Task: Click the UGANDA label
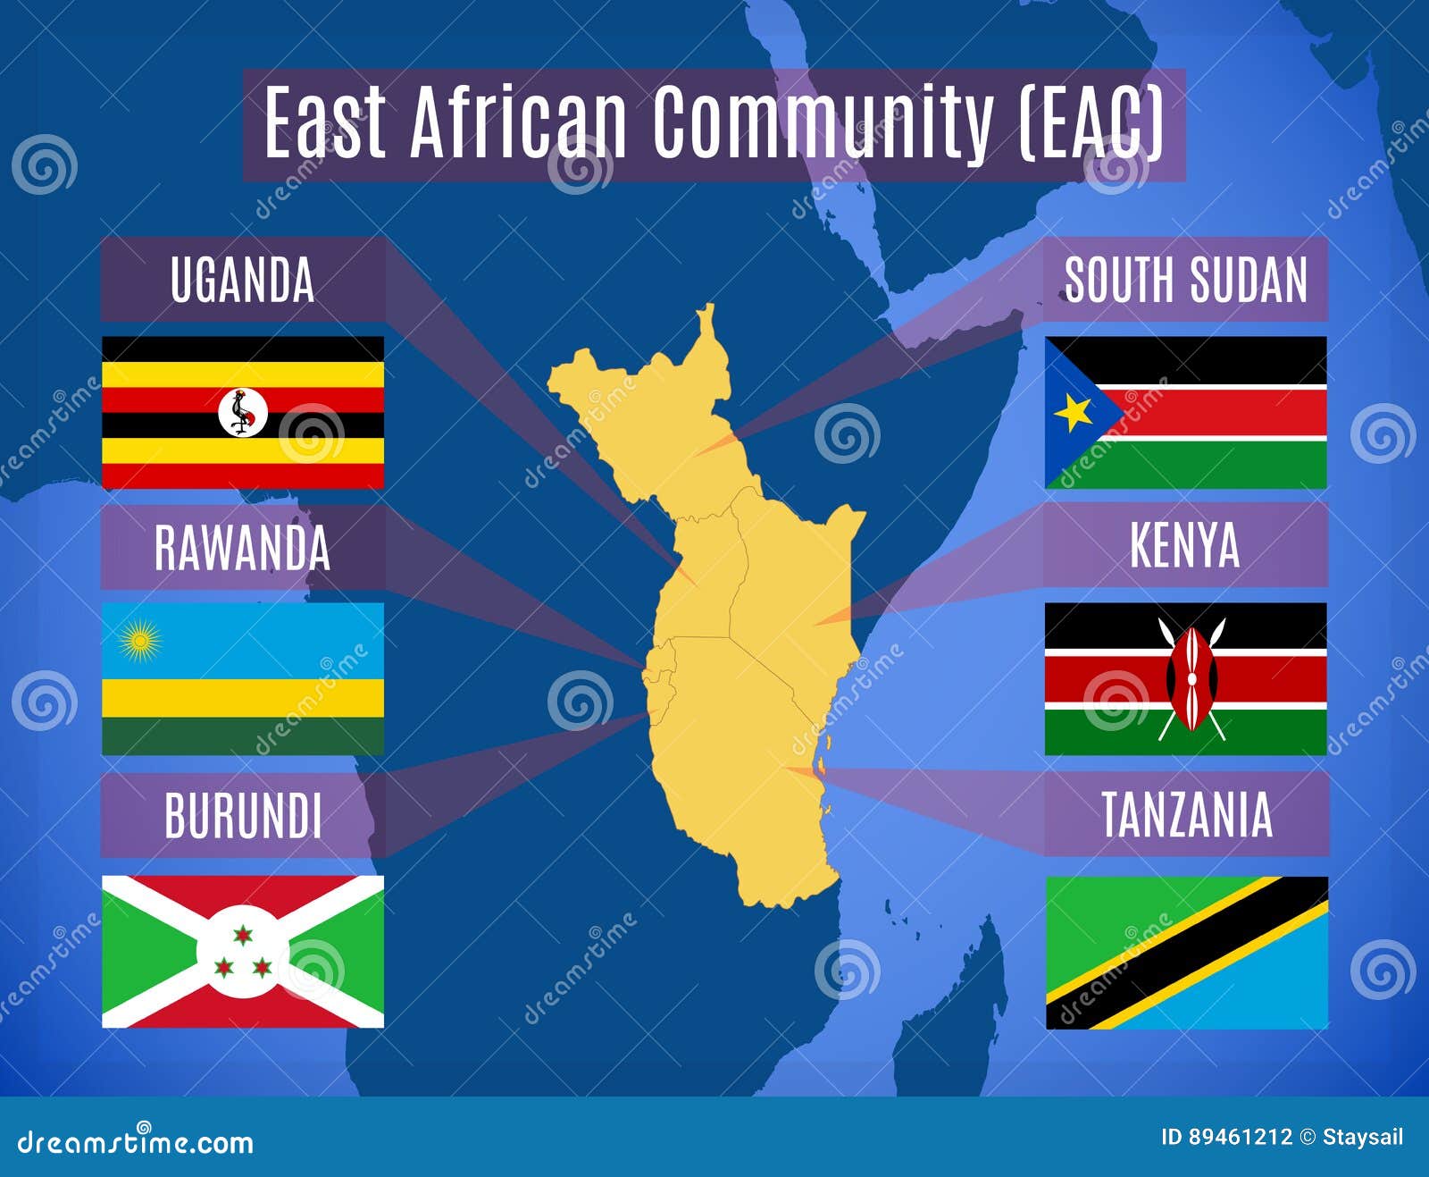point(242,280)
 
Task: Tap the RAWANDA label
point(242,547)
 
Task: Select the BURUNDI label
point(243,815)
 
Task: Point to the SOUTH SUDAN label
point(1185,280)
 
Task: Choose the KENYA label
point(1185,544)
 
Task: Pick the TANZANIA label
point(1186,814)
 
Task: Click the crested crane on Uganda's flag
point(242,412)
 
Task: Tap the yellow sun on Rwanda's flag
point(139,641)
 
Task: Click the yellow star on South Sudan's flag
point(1074,412)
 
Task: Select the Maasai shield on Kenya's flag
point(1191,678)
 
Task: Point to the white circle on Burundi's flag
point(242,952)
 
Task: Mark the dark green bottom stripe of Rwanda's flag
point(242,736)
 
